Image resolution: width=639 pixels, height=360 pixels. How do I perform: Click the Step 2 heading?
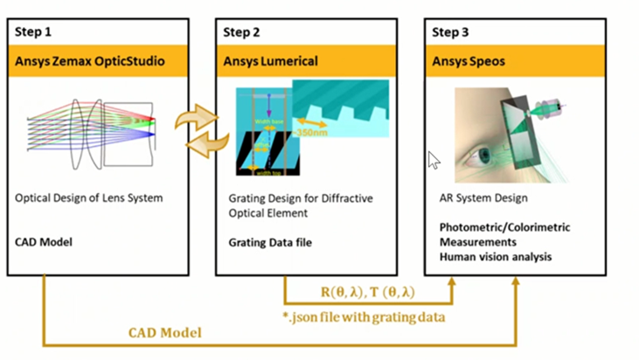pyautogui.click(x=240, y=32)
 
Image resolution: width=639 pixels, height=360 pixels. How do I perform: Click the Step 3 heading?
pyautogui.click(x=450, y=32)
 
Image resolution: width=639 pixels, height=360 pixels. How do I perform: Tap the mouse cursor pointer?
pyautogui.click(x=434, y=160)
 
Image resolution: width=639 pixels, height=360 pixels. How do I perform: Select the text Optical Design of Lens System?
pyautogui.click(x=89, y=198)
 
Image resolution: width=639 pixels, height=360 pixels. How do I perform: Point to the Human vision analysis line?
pyautogui.click(x=496, y=257)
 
